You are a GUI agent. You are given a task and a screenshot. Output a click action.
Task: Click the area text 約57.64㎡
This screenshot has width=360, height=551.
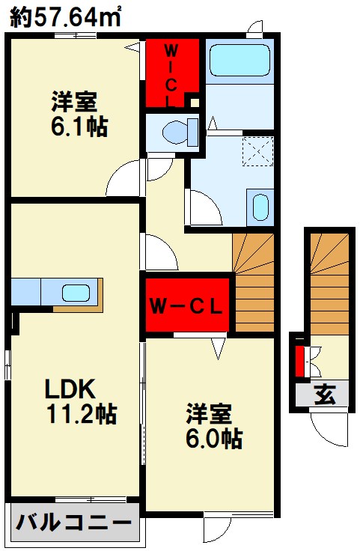coord(66,17)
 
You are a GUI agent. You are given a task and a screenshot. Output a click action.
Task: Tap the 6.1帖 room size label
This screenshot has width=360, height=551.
coord(79,126)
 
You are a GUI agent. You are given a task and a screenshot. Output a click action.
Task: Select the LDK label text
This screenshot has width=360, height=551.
coord(69,389)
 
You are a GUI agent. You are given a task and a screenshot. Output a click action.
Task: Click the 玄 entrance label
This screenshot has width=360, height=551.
coord(323,393)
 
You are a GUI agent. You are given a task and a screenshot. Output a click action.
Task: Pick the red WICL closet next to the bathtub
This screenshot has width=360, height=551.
coord(171,73)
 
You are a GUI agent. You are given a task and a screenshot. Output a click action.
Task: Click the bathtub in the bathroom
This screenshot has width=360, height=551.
coord(240,60)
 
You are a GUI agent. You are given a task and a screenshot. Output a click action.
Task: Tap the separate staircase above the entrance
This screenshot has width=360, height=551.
coord(329,281)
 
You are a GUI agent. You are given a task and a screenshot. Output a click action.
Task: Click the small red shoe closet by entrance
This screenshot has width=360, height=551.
coord(300,361)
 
